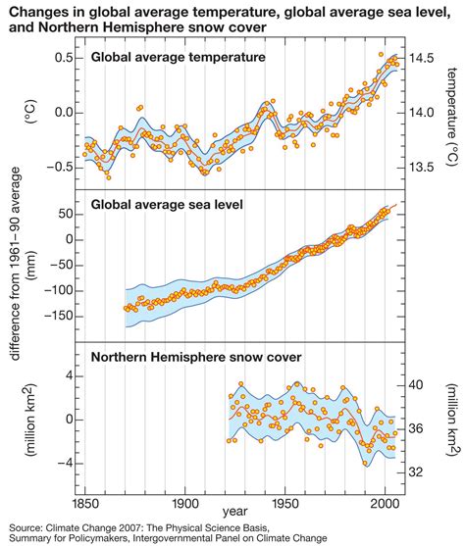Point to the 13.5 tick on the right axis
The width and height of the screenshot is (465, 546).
[423, 168]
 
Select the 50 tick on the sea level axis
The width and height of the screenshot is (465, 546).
[68, 214]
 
